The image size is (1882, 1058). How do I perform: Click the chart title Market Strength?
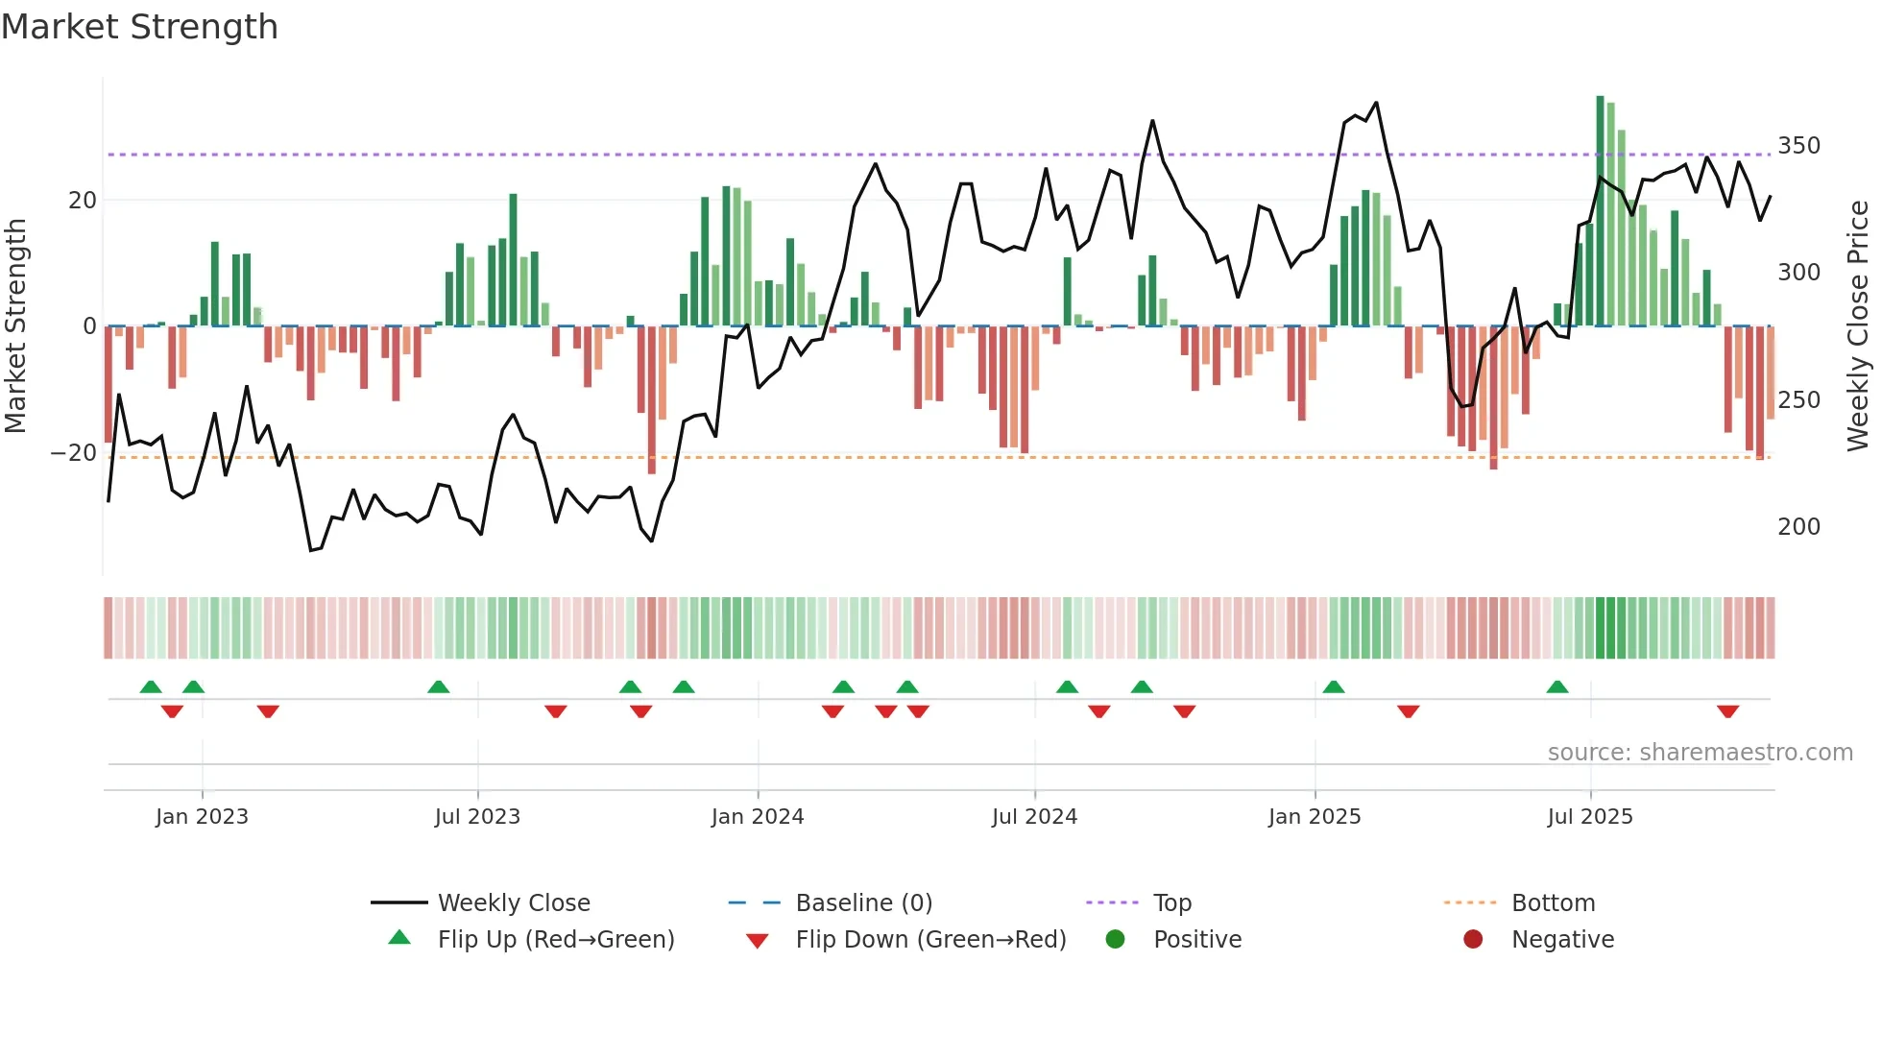(139, 27)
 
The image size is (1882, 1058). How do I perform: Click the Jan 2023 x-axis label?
(202, 817)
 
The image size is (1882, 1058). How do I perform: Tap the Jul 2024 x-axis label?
(1034, 817)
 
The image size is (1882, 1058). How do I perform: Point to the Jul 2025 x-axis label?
(1590, 817)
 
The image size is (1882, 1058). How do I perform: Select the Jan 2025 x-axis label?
(1315, 817)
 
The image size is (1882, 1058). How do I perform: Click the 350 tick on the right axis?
(1798, 146)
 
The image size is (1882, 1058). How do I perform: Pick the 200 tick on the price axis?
(1798, 527)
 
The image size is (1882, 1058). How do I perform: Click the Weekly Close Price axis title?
(1858, 326)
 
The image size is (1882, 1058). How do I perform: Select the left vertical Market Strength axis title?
(15, 326)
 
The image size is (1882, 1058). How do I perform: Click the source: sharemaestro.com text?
(1700, 753)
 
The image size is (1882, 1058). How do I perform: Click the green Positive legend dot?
(1115, 940)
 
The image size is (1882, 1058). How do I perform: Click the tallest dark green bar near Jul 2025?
(1601, 211)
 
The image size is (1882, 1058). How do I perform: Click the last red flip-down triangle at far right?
(1728, 711)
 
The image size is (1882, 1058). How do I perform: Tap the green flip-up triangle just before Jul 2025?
(1557, 686)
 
